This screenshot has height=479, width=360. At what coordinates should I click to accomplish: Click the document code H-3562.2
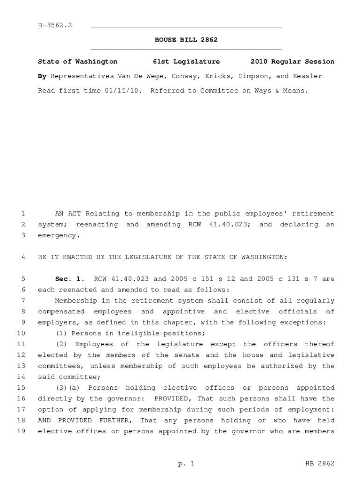(x=55, y=25)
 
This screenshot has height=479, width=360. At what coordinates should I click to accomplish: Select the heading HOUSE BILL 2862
(x=186, y=40)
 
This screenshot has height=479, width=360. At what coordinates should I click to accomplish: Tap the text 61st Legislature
(x=186, y=62)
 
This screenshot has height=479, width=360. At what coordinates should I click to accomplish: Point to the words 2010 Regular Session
(x=292, y=62)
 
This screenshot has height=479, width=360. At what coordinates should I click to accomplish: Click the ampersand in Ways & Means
(x=277, y=91)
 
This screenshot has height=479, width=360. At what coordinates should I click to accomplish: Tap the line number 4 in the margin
(x=23, y=257)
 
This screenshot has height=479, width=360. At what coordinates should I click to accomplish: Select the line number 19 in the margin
(x=21, y=431)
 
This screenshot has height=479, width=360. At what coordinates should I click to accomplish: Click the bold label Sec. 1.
(x=70, y=279)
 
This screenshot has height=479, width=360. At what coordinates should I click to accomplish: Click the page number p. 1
(x=186, y=464)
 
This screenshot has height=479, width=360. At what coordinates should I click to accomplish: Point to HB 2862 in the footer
(x=320, y=464)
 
